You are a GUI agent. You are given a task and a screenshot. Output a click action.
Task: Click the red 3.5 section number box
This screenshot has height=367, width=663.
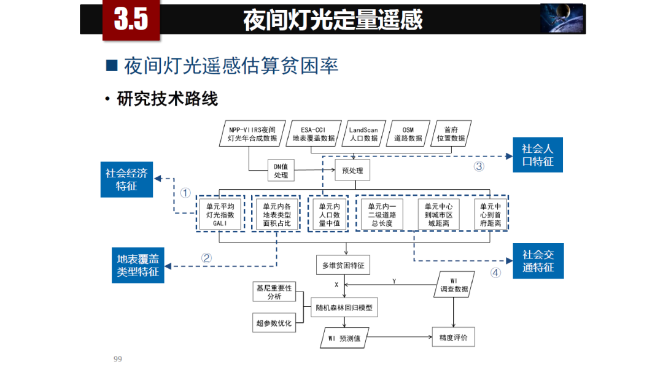pyautogui.click(x=131, y=20)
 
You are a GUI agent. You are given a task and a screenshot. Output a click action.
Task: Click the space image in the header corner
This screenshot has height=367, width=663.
pyautogui.click(x=561, y=18)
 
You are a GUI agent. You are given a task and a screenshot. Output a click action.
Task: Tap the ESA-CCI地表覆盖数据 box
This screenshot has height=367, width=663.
pyautogui.click(x=313, y=134)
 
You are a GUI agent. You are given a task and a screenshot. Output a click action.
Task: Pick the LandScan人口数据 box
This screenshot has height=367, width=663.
pyautogui.click(x=363, y=134)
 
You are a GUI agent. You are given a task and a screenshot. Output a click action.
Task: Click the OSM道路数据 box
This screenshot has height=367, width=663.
pyautogui.click(x=408, y=134)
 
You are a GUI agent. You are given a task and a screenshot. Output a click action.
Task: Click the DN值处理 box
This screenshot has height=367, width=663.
pyautogui.click(x=281, y=170)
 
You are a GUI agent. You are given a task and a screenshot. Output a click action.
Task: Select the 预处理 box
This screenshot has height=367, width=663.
pyautogui.click(x=352, y=170)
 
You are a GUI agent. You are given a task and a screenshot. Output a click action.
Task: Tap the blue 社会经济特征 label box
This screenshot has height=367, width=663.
pyautogui.click(x=126, y=180)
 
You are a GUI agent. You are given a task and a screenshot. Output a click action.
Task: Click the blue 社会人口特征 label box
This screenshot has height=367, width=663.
pyautogui.click(x=538, y=155)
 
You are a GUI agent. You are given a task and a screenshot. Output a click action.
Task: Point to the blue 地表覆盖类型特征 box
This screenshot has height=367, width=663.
pyautogui.click(x=138, y=265)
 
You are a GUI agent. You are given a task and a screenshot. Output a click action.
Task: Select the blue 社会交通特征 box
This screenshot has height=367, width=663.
pyautogui.click(x=538, y=261)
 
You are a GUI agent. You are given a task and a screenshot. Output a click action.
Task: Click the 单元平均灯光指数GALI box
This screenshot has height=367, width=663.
pyautogui.click(x=220, y=215)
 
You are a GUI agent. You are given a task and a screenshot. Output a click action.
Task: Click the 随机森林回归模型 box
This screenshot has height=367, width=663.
pyautogui.click(x=344, y=307)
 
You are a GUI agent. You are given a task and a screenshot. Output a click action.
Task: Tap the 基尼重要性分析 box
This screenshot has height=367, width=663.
pyautogui.click(x=274, y=292)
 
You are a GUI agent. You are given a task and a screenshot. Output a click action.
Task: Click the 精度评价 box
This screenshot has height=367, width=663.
pyautogui.click(x=453, y=338)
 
